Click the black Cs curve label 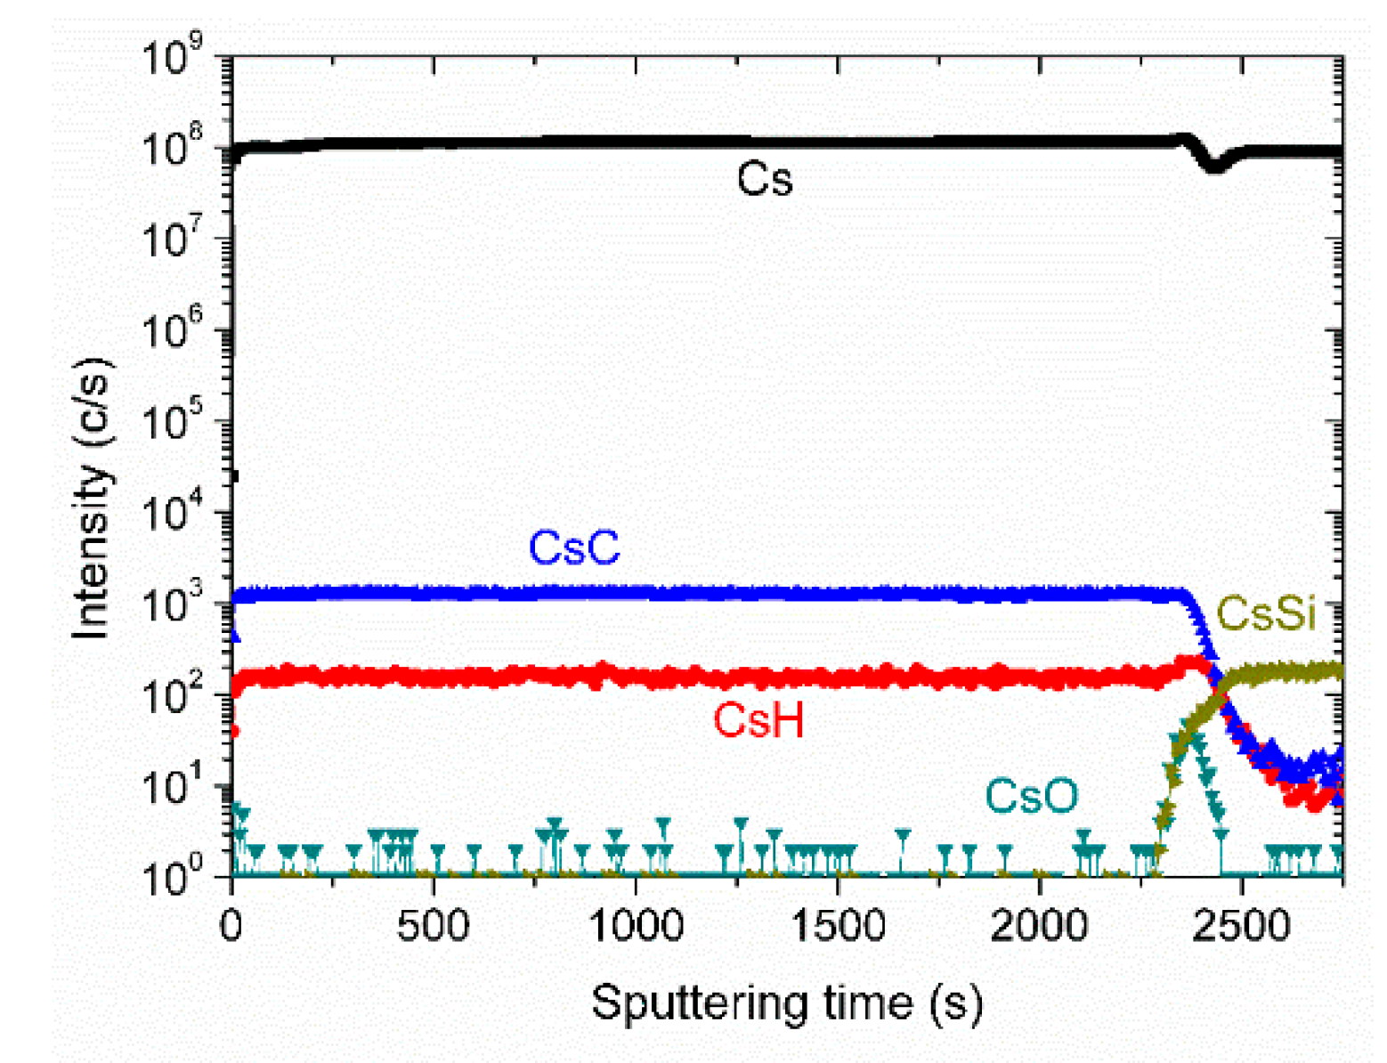[x=764, y=180]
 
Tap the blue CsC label [x=574, y=548]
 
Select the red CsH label [x=758, y=719]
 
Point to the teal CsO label [x=1031, y=796]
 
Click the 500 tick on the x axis [x=434, y=926]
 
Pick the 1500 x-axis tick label [x=838, y=926]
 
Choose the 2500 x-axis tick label [x=1242, y=926]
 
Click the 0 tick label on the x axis [x=231, y=926]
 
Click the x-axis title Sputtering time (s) [x=787, y=1003]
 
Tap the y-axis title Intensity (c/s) [x=93, y=499]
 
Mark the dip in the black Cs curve [x=1214, y=165]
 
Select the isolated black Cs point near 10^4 [x=233, y=475]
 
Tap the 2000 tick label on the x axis [x=1040, y=926]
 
